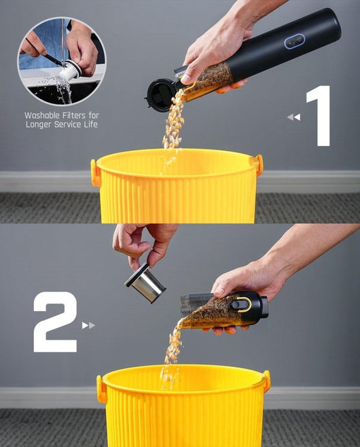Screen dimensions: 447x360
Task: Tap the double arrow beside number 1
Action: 293,117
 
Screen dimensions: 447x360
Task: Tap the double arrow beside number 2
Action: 88,325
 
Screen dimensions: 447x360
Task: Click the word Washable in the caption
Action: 45,115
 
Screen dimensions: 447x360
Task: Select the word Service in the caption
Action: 70,124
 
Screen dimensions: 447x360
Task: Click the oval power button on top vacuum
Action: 294,42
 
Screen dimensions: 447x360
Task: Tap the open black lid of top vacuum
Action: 160,94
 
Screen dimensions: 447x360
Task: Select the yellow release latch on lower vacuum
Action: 242,304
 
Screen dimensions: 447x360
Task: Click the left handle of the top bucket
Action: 96,173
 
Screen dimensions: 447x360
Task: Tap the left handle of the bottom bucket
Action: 101,389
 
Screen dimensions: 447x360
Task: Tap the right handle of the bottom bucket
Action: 266,381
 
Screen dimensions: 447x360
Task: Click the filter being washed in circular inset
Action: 70,69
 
